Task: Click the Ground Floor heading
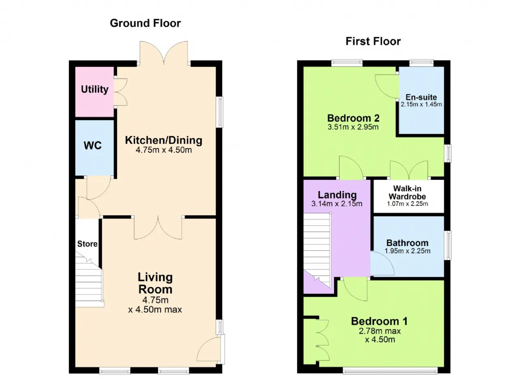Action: coord(145,23)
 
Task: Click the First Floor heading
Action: coord(373,41)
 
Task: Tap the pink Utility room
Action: coord(94,92)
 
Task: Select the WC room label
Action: coord(92,145)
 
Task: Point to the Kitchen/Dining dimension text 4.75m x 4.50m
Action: coord(164,150)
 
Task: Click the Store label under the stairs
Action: coord(87,244)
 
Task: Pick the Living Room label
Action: coord(155,283)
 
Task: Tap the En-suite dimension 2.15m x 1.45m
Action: coord(421,104)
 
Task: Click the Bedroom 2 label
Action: coord(353,118)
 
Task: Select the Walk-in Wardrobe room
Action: coord(409,197)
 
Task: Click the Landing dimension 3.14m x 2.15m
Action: coord(337,204)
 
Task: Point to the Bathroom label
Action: coord(407,243)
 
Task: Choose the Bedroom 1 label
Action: coord(379,321)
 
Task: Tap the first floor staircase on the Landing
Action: coord(317,250)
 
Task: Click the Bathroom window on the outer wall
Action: coord(448,245)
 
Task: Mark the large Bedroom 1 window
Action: coord(390,371)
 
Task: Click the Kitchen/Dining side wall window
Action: coord(220,112)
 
